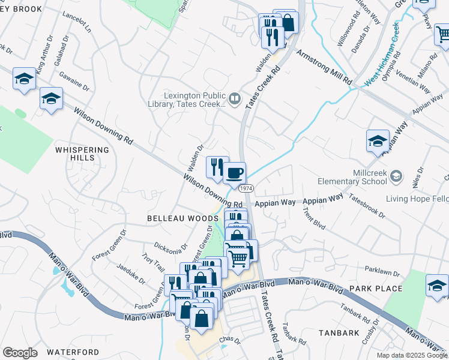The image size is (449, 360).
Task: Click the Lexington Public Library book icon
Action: coord(235,98)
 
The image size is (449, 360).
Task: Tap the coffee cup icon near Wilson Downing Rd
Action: coord(234,173)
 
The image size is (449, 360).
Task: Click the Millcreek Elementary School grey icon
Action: coord(396,176)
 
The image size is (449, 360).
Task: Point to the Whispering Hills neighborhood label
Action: coord(83,154)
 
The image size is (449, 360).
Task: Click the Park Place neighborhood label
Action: coord(376,289)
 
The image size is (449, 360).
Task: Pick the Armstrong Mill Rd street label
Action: coord(324,68)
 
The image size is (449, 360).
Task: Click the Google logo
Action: coord(20,353)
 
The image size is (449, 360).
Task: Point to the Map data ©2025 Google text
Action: coord(411,355)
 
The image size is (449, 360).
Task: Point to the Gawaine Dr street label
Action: coord(74,82)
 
